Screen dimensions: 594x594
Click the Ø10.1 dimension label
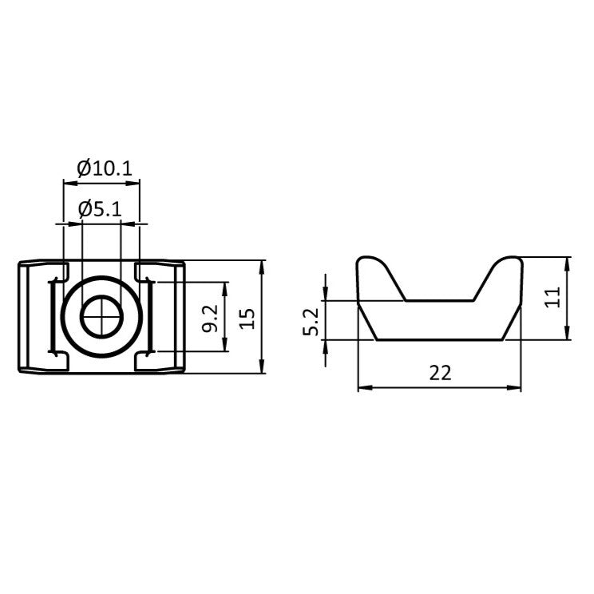click(104, 168)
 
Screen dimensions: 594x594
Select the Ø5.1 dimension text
click(100, 210)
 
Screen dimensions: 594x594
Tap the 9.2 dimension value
click(209, 317)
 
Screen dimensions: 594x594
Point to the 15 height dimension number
click(247, 317)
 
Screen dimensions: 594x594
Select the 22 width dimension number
click(440, 373)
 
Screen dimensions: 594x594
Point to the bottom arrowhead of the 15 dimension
click(263, 368)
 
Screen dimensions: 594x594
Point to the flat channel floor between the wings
click(440, 301)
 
